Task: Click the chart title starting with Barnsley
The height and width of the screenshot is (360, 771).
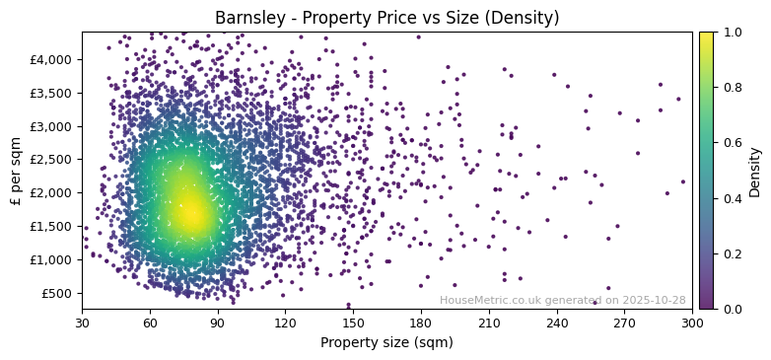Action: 386,18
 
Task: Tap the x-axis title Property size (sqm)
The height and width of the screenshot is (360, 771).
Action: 386,343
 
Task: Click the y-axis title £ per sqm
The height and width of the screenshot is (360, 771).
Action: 16,171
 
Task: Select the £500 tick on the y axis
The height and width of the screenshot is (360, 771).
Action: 55,293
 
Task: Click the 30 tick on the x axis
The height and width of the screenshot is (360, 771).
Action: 82,323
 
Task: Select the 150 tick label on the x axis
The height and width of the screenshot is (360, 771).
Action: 353,323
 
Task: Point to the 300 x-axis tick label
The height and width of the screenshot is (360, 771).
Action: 692,323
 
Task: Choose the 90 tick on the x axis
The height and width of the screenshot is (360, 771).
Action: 217,323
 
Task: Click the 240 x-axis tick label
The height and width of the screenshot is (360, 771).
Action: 557,323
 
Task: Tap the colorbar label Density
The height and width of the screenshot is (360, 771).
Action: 755,171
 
